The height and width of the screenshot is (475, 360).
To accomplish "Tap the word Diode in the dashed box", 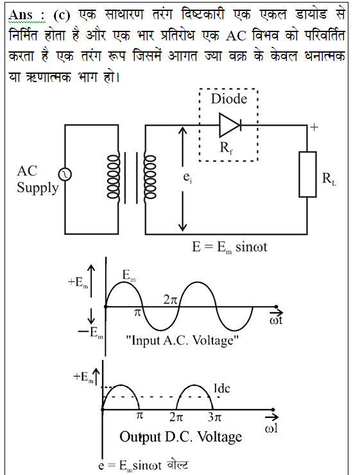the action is (x=229, y=99).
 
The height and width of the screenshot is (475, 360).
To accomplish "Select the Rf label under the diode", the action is (x=227, y=148).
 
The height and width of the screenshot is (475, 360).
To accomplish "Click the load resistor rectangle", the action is (x=307, y=175).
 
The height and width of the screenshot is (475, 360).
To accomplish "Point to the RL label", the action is (x=329, y=178).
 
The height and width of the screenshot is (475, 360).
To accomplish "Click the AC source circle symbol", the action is (x=65, y=175).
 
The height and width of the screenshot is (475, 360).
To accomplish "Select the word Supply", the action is (x=38, y=188).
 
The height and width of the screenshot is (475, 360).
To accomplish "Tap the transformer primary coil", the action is (x=112, y=177).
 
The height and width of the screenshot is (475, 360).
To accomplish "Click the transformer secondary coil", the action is (x=150, y=177).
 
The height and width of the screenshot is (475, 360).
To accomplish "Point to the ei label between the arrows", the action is (x=188, y=178).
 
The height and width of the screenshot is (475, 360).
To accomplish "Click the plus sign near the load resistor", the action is (x=314, y=127).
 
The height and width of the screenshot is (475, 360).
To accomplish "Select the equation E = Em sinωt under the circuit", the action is (x=230, y=247).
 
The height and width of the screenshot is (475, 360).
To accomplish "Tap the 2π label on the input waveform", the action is (x=171, y=300).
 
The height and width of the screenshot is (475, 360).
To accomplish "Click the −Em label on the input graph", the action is (x=91, y=333).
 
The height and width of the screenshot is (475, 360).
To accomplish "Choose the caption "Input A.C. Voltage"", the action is (x=182, y=341).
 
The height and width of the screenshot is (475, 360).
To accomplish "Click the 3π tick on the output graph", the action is (x=215, y=418).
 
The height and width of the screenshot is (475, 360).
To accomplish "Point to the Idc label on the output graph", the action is (x=221, y=388).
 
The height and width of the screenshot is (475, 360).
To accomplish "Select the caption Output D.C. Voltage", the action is (x=181, y=437).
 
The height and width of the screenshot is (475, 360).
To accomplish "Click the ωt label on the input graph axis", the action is (x=276, y=320).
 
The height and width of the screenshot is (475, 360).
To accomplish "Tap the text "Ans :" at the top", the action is (x=27, y=15).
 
